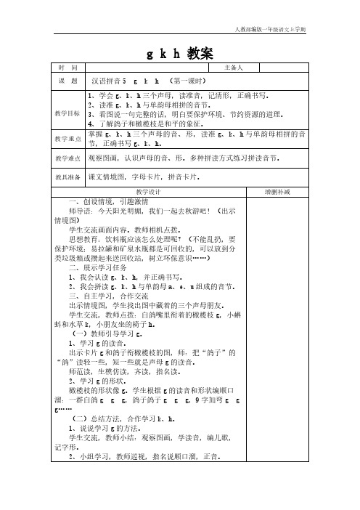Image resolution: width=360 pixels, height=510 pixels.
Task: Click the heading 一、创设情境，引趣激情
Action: [107, 201]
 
